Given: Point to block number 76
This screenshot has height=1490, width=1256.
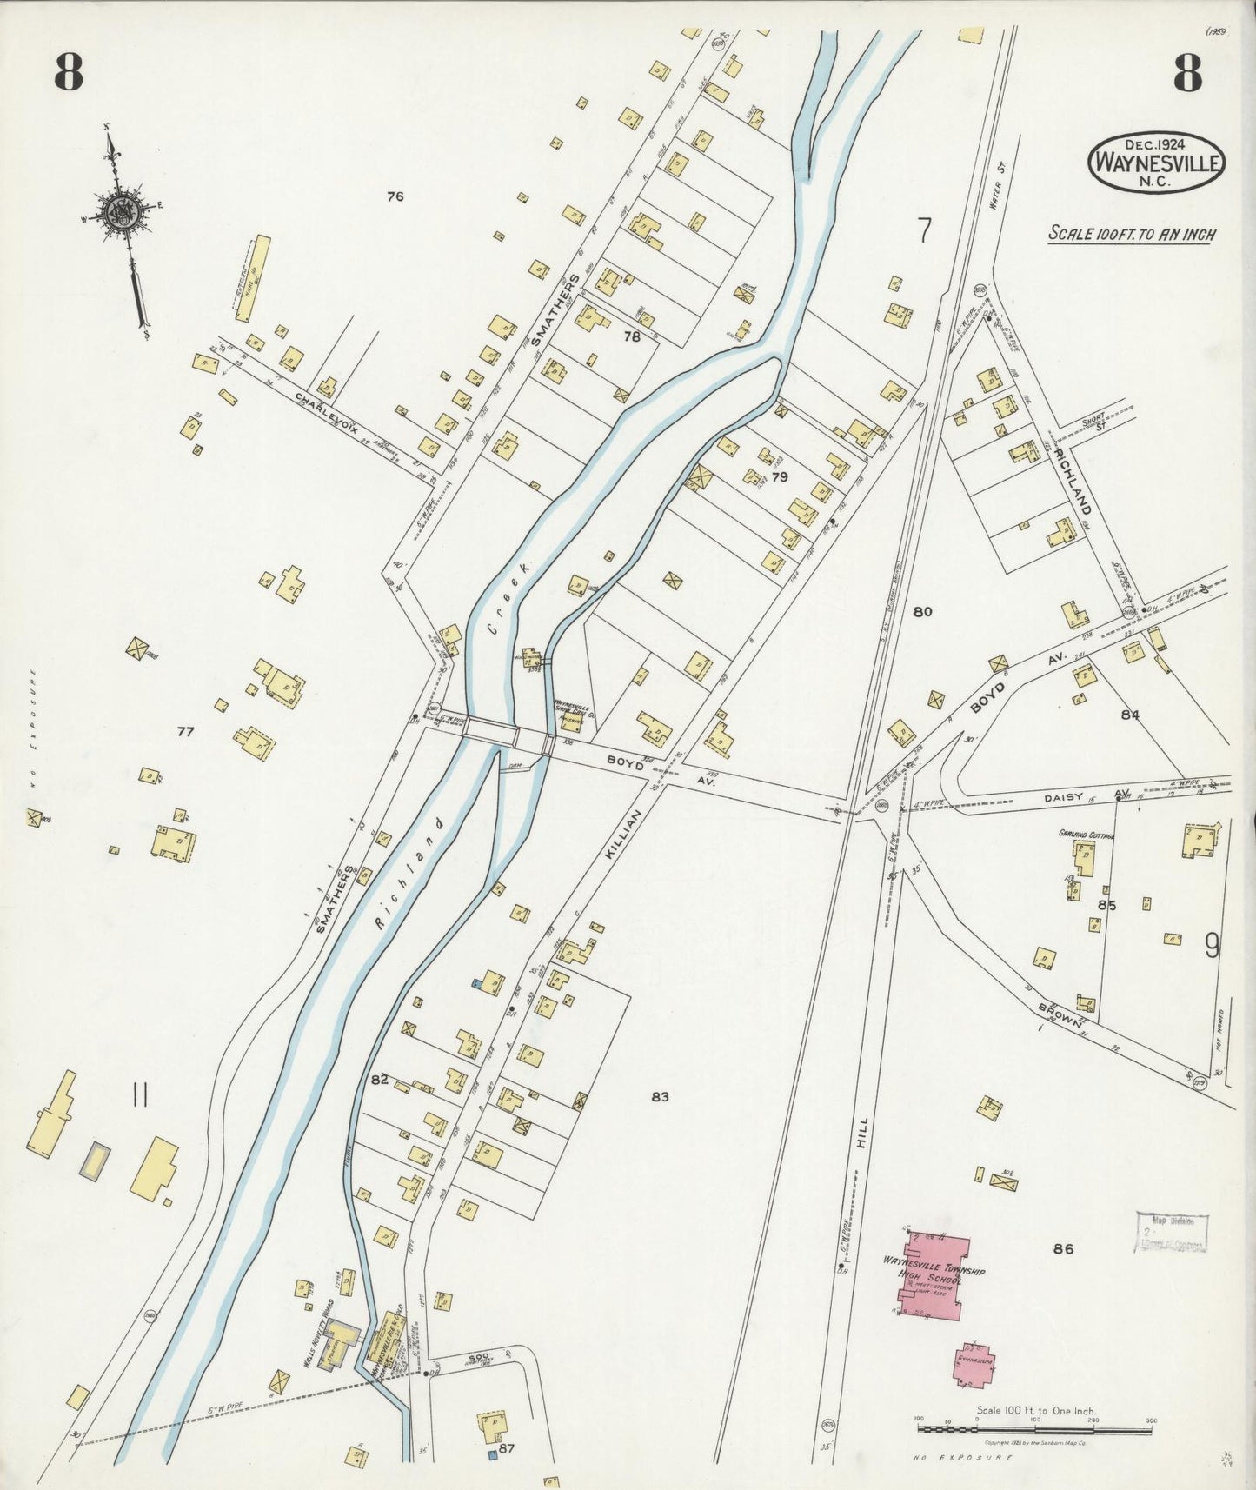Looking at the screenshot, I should [x=395, y=197].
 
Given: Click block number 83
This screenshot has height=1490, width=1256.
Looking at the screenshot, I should [x=660, y=1097].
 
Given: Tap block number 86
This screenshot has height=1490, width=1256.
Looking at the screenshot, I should [x=1063, y=1249].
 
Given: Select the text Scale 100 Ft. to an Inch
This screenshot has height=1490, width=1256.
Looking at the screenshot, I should [x=1131, y=234].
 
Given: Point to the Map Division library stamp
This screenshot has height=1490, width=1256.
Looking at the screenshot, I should [x=1172, y=1232].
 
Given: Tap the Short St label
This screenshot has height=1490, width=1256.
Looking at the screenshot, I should [x=1093, y=419].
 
